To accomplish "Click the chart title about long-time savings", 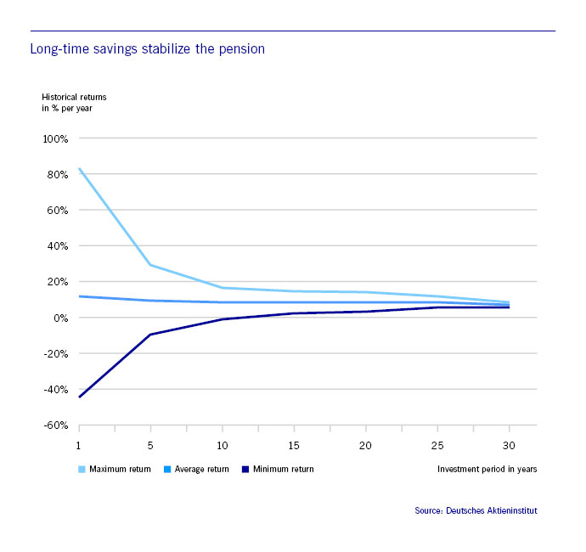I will tap(147, 49).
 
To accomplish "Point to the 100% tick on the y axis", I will tap(56, 138).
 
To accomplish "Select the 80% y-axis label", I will tap(59, 174).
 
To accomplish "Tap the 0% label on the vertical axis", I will tap(61, 318).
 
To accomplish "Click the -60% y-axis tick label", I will tap(57, 425).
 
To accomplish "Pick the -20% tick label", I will tap(57, 353).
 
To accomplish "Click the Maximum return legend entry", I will tap(115, 469).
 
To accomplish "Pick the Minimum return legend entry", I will tap(278, 469).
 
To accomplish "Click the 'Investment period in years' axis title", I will tap(487, 469).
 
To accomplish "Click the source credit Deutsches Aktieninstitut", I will tap(476, 510).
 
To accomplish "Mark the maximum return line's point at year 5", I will tap(150, 265).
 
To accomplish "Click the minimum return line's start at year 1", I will tap(79, 397).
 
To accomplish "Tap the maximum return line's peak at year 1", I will tap(79, 168).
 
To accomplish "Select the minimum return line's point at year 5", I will tap(150, 335).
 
